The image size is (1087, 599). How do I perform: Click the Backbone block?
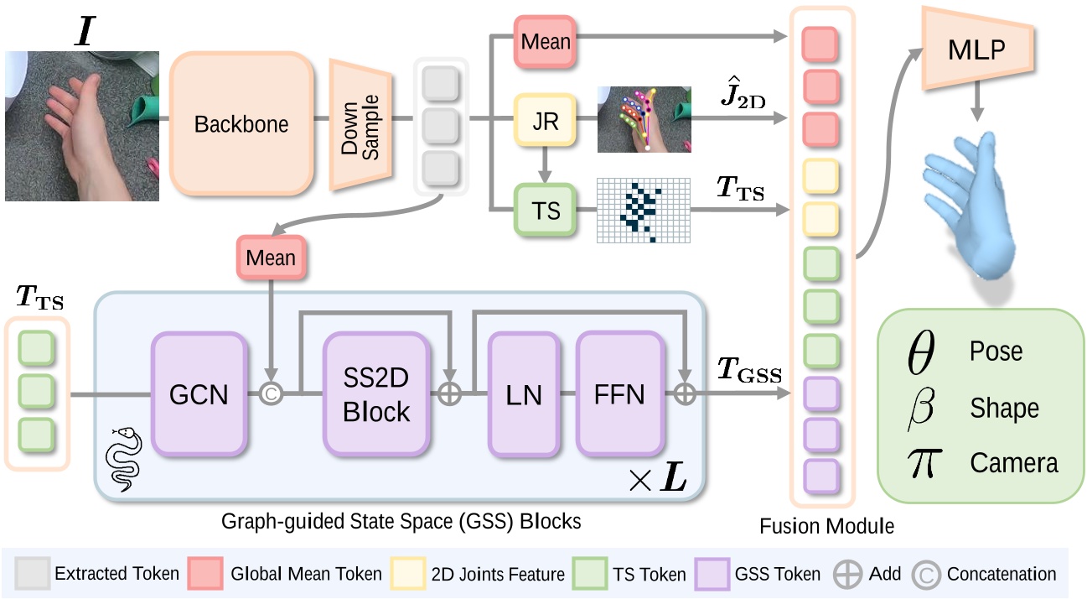point(241,124)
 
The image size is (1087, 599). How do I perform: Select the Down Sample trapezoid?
point(361,124)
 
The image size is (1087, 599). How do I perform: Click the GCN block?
point(199,393)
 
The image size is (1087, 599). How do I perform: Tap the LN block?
point(524,393)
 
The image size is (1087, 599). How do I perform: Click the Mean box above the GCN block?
point(271,258)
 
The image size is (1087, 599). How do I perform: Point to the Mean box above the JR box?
point(545,40)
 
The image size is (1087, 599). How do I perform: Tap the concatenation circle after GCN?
point(271,394)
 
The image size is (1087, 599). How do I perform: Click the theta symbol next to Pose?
point(920,352)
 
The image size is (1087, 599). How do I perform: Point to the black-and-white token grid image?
point(643,211)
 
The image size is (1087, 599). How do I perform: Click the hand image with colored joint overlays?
point(644,119)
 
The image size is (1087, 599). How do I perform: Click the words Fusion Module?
point(826,527)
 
